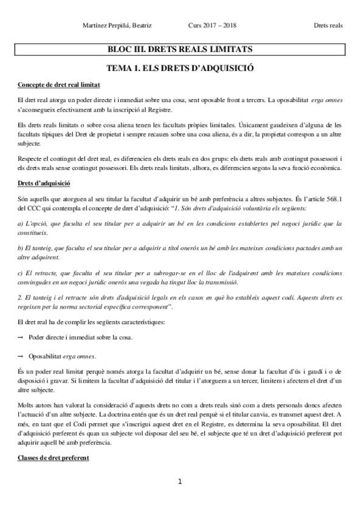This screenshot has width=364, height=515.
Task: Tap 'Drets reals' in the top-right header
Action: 328,26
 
